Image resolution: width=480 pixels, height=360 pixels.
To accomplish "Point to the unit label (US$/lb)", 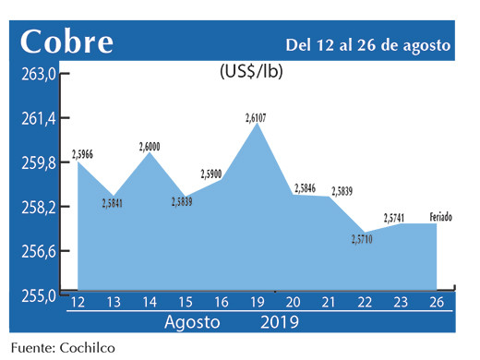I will pyautogui.click(x=252, y=72).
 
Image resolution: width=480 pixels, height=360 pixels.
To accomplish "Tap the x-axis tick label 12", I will pyautogui.click(x=78, y=304).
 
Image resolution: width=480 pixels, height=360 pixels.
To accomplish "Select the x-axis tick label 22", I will pyautogui.click(x=366, y=304).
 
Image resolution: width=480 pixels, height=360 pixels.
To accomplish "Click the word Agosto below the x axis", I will pyautogui.click(x=192, y=323).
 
